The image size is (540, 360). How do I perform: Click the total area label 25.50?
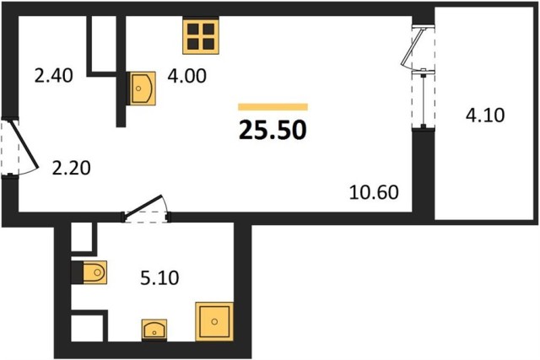click(273, 131)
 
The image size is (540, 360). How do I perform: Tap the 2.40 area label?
click(54, 76)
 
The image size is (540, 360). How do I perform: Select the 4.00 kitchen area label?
click(187, 76)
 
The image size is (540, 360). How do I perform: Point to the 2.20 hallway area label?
click(71, 168)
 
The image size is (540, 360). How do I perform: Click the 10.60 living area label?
click(374, 192)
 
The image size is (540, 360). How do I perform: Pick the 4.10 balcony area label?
click(485, 115)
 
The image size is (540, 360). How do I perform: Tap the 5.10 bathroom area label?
click(159, 277)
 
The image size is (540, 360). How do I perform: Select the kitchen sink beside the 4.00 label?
click(141, 89)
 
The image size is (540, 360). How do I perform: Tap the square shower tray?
click(214, 321)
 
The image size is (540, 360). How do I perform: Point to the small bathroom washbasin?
click(154, 330)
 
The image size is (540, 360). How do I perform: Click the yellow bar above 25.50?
click(273, 107)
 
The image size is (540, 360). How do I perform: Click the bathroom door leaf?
click(143, 207)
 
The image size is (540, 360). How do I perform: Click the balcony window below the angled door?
click(424, 99)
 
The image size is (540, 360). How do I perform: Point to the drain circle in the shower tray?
click(214, 322)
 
